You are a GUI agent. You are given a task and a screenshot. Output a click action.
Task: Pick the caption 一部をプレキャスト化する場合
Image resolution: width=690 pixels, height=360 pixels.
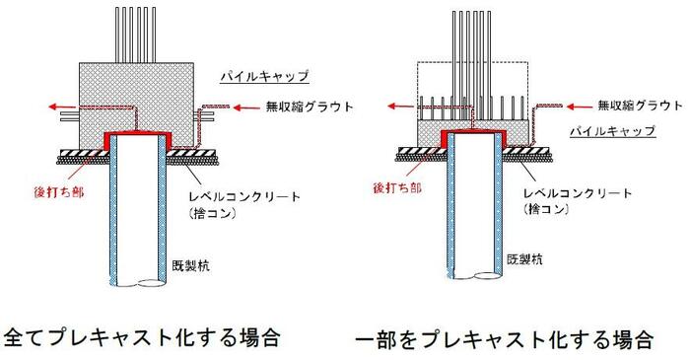[x=503, y=340]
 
